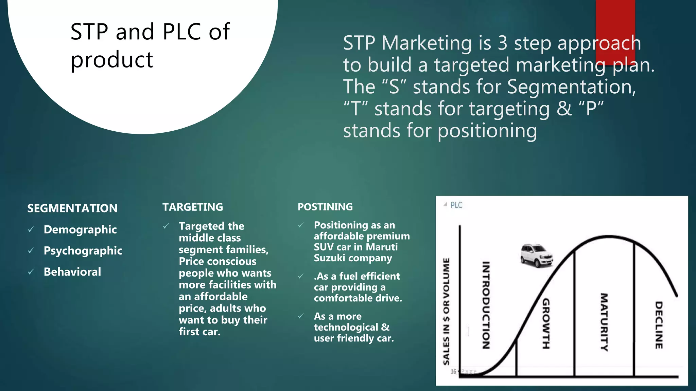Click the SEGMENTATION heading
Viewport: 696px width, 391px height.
coord(72,208)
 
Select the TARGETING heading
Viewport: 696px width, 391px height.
coord(193,207)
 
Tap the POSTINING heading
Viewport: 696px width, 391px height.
coord(325,207)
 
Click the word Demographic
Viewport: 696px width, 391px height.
coord(80,229)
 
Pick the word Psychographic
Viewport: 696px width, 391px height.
coord(83,250)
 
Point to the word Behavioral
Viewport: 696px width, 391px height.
coord(72,272)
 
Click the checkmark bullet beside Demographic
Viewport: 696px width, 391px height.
coord(31,230)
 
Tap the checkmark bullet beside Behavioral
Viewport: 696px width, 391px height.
coord(31,272)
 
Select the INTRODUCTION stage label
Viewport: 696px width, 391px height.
coord(486,305)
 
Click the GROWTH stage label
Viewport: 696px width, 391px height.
coord(546,323)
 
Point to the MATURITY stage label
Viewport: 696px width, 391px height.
coord(604,322)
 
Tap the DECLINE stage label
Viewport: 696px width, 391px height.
coord(659,325)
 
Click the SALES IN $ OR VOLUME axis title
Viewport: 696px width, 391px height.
coord(446,311)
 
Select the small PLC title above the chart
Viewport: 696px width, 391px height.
coord(456,205)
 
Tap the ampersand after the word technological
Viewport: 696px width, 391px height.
coord(385,327)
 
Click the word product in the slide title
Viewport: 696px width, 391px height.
coord(112,60)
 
